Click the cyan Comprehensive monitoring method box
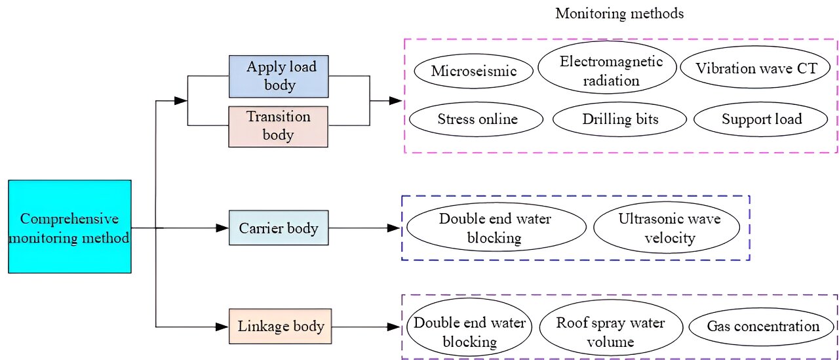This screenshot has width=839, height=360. click(69, 227)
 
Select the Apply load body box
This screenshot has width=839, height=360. click(279, 76)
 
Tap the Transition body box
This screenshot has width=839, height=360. click(279, 127)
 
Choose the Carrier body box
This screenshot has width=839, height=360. click(279, 228)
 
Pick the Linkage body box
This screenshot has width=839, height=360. click(281, 326)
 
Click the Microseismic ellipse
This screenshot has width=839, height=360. click(473, 71)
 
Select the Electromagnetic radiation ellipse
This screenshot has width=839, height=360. click(607, 71)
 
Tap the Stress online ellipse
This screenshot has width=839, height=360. click(477, 119)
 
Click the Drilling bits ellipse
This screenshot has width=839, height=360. click(619, 119)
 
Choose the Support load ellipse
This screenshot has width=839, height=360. click(761, 119)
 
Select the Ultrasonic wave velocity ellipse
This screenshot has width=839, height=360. click(669, 228)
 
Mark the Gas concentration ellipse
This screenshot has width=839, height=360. click(762, 327)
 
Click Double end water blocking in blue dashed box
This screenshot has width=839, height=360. click(495, 228)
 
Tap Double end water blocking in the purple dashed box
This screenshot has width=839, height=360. click(469, 332)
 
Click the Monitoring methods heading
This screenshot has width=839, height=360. click(619, 14)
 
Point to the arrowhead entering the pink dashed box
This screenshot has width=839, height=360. click(395, 101)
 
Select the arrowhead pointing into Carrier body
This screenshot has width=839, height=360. click(222, 228)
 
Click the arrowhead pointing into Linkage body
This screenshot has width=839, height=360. click(222, 326)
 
